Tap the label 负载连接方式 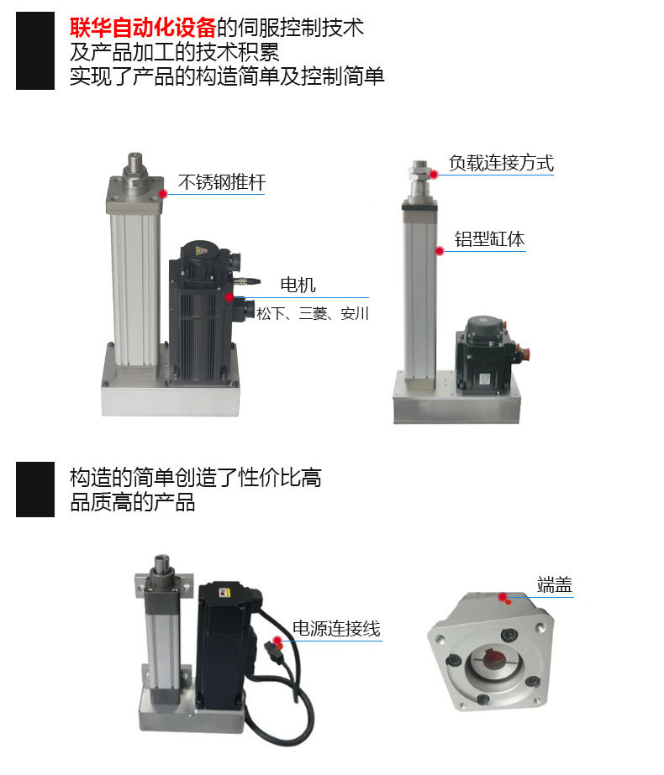(x=501, y=163)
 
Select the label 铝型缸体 (x=489, y=239)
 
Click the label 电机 (x=298, y=285)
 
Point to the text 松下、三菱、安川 (x=313, y=314)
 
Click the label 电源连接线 (x=336, y=628)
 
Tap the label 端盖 (x=555, y=585)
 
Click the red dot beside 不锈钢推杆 (x=164, y=193)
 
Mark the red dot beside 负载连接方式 (x=435, y=174)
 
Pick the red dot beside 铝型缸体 (x=439, y=250)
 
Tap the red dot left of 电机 (x=229, y=296)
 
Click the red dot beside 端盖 (x=504, y=597)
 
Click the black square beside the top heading (x=35, y=51)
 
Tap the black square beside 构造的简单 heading (x=35, y=489)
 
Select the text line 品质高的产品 (x=133, y=503)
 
